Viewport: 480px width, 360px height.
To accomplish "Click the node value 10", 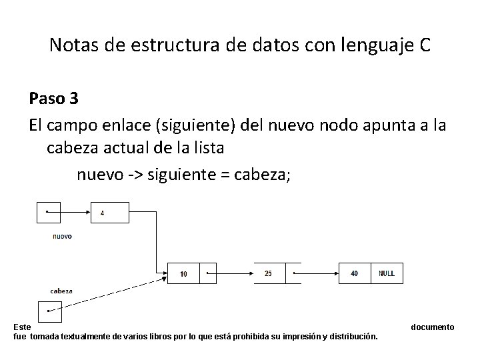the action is tap(183, 273).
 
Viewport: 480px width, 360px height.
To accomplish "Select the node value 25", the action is tap(268, 273).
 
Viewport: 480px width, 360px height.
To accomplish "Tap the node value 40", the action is tap(353, 273).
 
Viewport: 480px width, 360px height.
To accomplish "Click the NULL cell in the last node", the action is tap(387, 273).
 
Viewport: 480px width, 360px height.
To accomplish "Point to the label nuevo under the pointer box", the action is tap(62, 236).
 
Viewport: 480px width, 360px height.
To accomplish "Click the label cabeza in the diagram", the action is tap(61, 291).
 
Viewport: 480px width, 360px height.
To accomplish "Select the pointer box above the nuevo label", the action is tap(48, 212).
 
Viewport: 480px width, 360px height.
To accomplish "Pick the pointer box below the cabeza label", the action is tap(50, 311).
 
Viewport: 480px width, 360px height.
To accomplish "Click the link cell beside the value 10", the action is tap(208, 273).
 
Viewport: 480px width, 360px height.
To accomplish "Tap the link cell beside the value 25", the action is tap(293, 273).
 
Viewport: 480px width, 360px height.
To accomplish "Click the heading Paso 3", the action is tap(54, 99).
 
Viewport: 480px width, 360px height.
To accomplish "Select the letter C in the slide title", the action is tap(425, 46).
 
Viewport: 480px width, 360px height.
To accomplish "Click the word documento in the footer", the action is tap(433, 327).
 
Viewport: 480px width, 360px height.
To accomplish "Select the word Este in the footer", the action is tap(21, 327).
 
